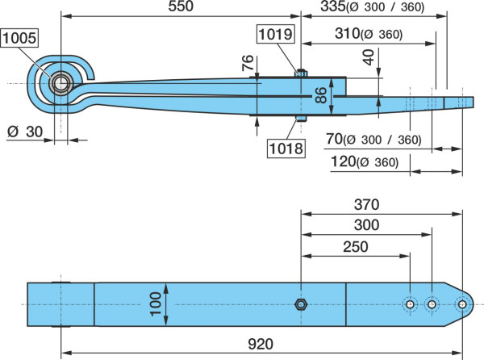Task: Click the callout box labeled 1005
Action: [19, 38]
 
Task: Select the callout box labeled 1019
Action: [275, 34]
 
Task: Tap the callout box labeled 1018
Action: [286, 149]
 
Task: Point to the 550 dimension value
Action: [181, 6]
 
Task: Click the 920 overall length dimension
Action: [261, 344]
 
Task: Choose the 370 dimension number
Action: [366, 204]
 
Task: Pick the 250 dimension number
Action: [355, 247]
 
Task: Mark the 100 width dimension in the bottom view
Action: [156, 304]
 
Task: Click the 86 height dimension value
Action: [321, 95]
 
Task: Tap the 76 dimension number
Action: [248, 63]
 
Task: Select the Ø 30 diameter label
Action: [25, 132]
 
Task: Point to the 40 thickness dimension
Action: [369, 57]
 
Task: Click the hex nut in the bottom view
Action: [300, 304]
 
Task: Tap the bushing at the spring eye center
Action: [60, 83]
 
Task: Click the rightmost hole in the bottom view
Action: [462, 304]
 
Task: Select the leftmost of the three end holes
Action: [410, 304]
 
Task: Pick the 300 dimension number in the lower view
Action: [366, 225]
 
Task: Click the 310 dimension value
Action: [347, 33]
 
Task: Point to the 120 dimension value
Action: [344, 161]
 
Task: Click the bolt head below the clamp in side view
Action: [301, 119]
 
